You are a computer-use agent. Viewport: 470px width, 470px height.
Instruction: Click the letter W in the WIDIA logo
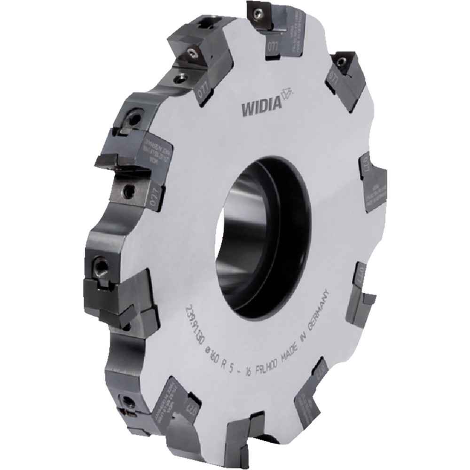coord(246,110)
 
